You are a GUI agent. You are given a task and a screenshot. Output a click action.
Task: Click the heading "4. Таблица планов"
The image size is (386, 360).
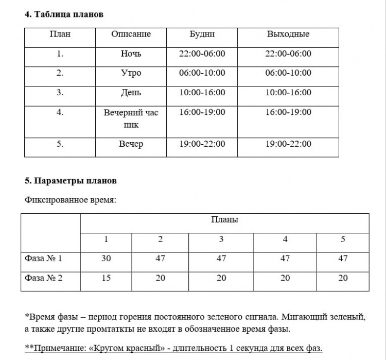[64, 14]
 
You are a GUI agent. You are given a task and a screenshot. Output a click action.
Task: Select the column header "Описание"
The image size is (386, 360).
[131, 35]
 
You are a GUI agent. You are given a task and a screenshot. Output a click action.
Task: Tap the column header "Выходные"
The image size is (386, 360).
[288, 35]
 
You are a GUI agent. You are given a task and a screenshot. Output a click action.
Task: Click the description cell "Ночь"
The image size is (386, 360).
[131, 54]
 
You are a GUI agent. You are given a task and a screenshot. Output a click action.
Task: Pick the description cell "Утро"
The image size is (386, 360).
[131, 73]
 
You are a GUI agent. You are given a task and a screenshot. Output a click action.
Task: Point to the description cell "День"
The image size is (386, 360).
[131, 93]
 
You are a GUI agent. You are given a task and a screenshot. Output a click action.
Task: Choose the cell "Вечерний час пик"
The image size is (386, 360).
[131, 118]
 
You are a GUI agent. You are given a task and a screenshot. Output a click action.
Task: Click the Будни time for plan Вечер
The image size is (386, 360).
[202, 144]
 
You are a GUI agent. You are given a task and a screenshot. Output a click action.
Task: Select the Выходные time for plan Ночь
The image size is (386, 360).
[288, 54]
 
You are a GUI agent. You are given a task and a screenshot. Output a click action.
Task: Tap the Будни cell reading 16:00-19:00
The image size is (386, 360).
[202, 112]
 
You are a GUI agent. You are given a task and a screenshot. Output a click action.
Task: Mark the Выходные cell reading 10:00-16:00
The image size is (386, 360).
[288, 93]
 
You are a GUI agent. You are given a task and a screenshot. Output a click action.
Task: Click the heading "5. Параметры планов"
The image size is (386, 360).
[71, 181]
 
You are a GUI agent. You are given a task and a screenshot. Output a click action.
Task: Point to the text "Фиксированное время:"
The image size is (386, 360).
[71, 200]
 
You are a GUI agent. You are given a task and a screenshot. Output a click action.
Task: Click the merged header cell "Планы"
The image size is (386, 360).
[224, 220]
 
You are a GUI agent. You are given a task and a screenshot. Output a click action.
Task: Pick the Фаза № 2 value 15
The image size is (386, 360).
[106, 278]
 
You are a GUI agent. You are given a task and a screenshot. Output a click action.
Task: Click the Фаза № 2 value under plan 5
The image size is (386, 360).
[343, 278]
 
